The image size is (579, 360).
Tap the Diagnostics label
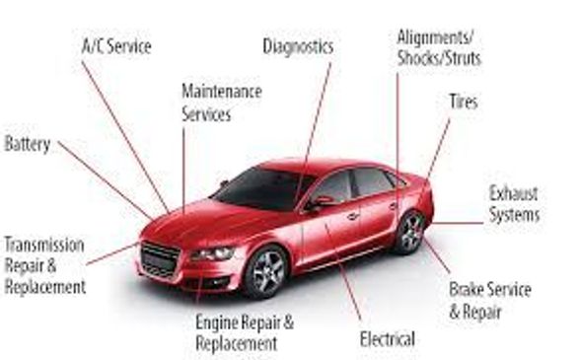[x=298, y=45]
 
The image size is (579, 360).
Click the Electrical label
[x=388, y=338]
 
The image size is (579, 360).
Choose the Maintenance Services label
[x=221, y=103]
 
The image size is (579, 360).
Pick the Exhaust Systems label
[x=514, y=202]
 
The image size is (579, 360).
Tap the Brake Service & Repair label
[x=489, y=301]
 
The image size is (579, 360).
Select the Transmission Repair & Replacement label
[x=44, y=265]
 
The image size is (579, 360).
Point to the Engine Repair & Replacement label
[x=236, y=331]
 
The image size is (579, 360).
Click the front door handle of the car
[x=352, y=215]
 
